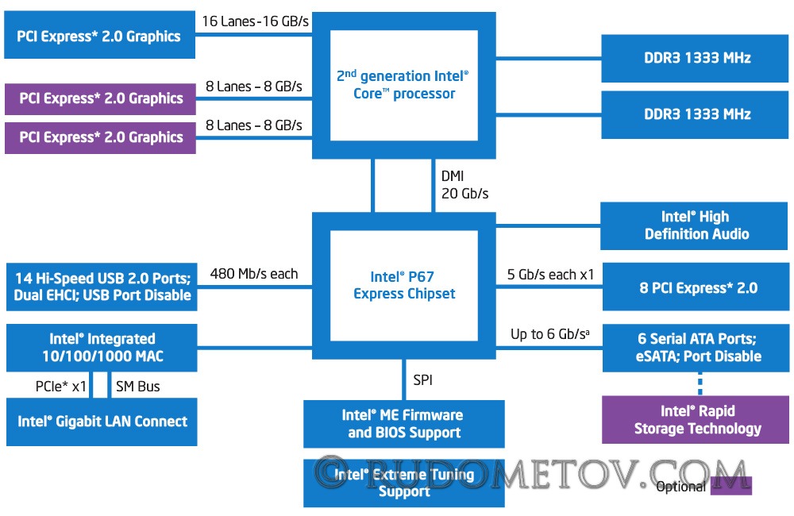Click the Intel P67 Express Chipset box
(403, 286)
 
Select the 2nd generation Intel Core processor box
(403, 85)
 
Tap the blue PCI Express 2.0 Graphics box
(100, 35)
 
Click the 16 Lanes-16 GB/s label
(255, 21)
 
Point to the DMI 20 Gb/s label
(464, 185)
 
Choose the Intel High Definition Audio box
(694, 225)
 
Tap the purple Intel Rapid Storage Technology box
(696, 420)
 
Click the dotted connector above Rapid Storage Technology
(700, 384)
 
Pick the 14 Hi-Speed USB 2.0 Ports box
(102, 287)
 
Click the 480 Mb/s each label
(254, 274)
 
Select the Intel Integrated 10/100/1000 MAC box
(102, 348)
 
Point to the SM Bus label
(137, 387)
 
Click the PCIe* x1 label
(61, 387)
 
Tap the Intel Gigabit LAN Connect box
(102, 422)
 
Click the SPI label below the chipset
(423, 379)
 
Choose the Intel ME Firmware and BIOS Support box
(404, 424)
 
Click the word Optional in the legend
(680, 487)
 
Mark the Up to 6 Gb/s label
(550, 334)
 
